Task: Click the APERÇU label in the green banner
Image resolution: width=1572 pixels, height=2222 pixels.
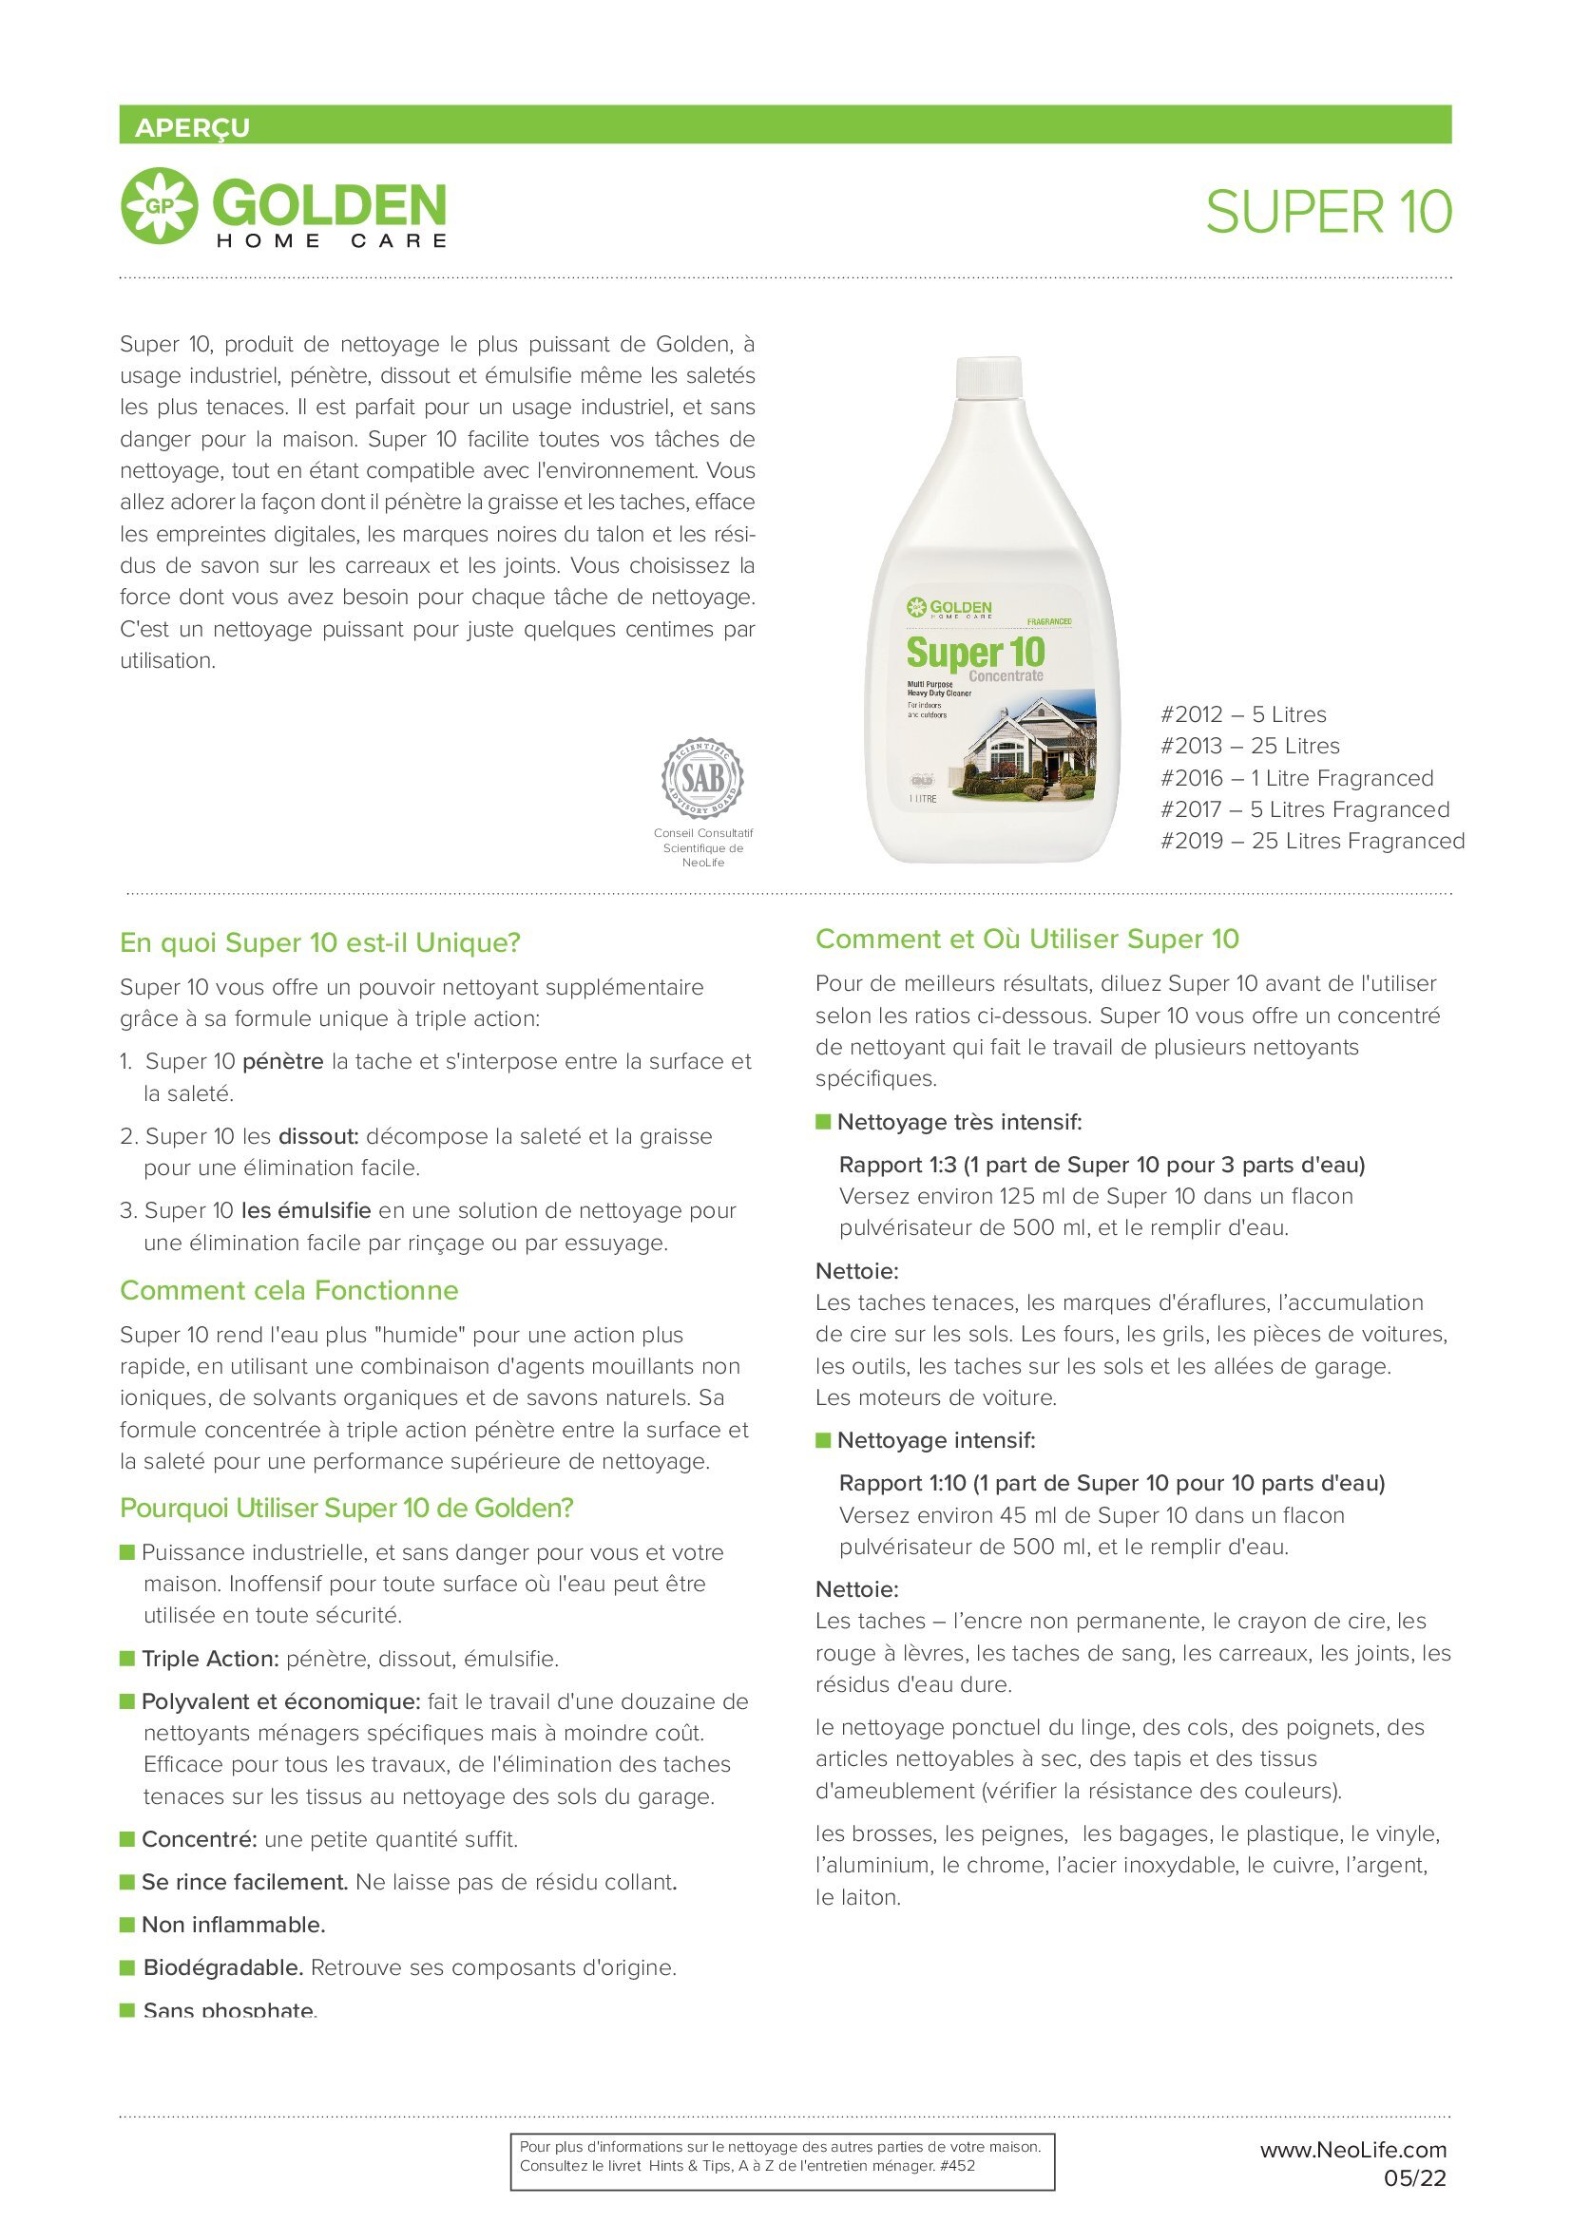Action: pyautogui.click(x=192, y=127)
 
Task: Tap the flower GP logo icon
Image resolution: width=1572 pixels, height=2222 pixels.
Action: pyautogui.click(x=159, y=205)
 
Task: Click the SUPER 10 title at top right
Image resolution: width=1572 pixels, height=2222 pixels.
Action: pyautogui.click(x=1328, y=212)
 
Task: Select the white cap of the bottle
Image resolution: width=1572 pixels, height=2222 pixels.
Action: pyautogui.click(x=988, y=376)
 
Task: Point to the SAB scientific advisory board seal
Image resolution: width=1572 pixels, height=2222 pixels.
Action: pyautogui.click(x=702, y=776)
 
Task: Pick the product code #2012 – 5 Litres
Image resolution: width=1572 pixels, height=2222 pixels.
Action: pyautogui.click(x=1243, y=714)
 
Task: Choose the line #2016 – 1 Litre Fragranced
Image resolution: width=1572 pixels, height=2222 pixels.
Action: pyautogui.click(x=1296, y=778)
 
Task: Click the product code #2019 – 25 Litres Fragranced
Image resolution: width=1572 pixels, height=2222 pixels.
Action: pyautogui.click(x=1312, y=841)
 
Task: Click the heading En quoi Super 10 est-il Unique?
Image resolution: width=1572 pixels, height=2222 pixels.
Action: pyautogui.click(x=320, y=942)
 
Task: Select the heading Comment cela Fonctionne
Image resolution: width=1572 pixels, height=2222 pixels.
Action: pyautogui.click(x=289, y=1290)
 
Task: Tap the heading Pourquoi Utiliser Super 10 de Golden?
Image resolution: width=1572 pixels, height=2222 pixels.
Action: pyautogui.click(x=347, y=1508)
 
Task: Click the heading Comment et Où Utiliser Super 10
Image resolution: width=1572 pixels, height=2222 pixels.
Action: pyautogui.click(x=1027, y=939)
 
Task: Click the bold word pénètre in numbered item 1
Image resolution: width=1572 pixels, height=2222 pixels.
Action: pyautogui.click(x=282, y=1062)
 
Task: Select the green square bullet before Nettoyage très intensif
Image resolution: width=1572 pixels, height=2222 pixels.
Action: pyautogui.click(x=824, y=1122)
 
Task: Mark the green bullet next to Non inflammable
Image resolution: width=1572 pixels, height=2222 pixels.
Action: pyautogui.click(x=126, y=1924)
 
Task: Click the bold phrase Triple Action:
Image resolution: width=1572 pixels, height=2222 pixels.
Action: pyautogui.click(x=210, y=1659)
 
